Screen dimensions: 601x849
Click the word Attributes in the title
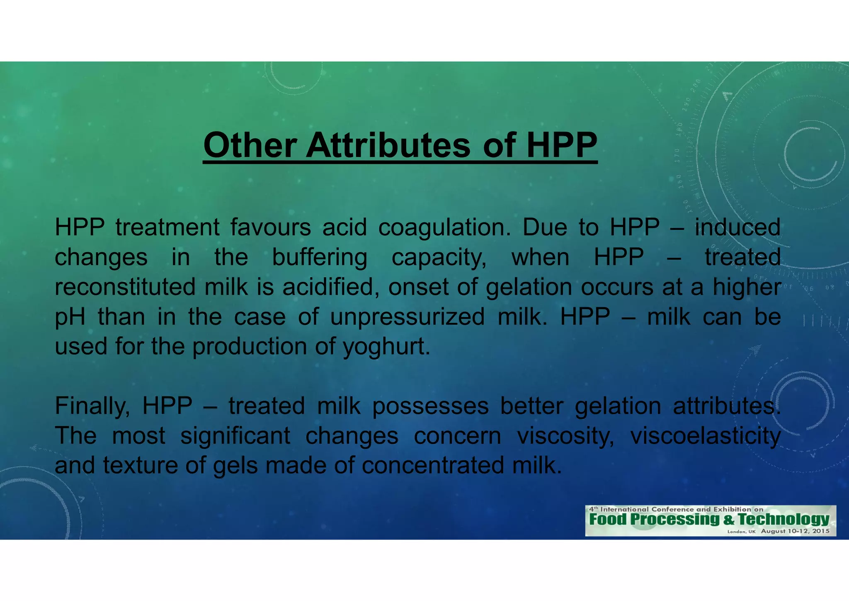[388, 145]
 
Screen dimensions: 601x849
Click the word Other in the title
[250, 145]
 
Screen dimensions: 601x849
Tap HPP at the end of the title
[562, 145]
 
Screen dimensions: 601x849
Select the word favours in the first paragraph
[271, 227]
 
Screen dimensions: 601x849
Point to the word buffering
[319, 258]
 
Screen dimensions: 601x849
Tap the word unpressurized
[408, 318]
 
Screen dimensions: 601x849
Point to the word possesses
[430, 406]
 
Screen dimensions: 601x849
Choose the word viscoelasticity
[705, 437]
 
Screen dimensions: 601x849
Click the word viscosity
[565, 437]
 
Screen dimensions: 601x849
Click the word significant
[235, 436]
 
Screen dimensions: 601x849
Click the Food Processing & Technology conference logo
[710, 520]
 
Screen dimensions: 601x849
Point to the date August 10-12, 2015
[795, 531]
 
